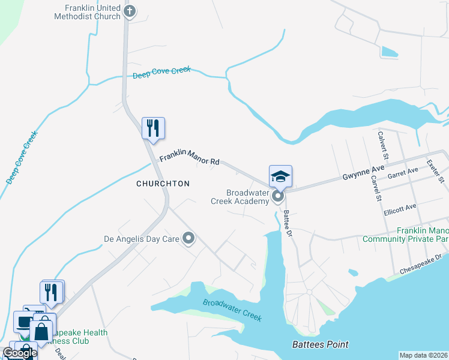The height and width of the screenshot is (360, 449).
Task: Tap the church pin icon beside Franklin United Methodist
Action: pyautogui.click(x=129, y=11)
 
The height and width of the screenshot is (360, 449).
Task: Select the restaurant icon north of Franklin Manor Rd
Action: pyautogui.click(x=153, y=128)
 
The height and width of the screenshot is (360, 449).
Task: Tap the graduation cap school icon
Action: pyautogui.click(x=280, y=176)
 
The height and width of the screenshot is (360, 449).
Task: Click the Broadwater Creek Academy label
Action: pyautogui.click(x=247, y=197)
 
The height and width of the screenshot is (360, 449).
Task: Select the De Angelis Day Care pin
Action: pyautogui.click(x=189, y=239)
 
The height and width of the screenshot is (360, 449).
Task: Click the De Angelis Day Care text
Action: pyautogui.click(x=142, y=239)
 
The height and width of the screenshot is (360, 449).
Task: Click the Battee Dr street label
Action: pyautogui.click(x=288, y=222)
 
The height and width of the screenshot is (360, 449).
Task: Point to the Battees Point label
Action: pyautogui.click(x=320, y=344)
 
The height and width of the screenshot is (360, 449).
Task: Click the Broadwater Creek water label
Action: pyautogui.click(x=232, y=310)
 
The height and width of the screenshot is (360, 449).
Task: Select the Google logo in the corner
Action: pyautogui.click(x=20, y=353)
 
